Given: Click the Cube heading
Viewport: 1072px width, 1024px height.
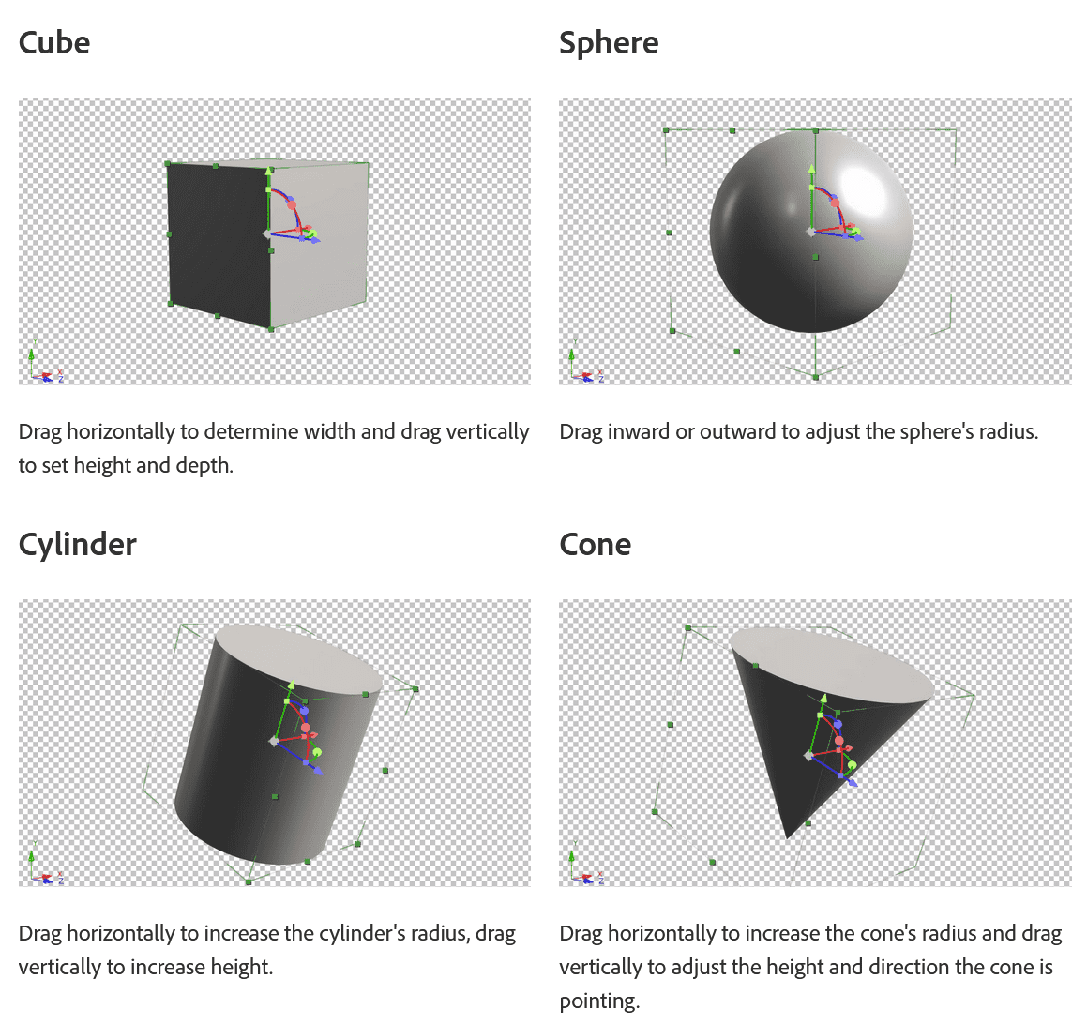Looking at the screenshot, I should pyautogui.click(x=54, y=43).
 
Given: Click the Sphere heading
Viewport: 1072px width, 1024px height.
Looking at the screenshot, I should pyautogui.click(x=609, y=43).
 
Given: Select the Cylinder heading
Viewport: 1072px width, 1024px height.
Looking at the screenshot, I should pyautogui.click(x=78, y=545).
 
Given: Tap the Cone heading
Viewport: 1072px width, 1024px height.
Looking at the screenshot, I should pyautogui.click(x=595, y=545).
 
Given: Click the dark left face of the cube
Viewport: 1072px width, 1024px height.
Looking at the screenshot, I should pyautogui.click(x=216, y=244).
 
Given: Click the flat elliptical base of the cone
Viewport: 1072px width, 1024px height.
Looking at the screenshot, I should pyautogui.click(x=830, y=665).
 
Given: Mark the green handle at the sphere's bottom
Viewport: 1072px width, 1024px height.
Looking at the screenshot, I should pyautogui.click(x=815, y=377).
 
